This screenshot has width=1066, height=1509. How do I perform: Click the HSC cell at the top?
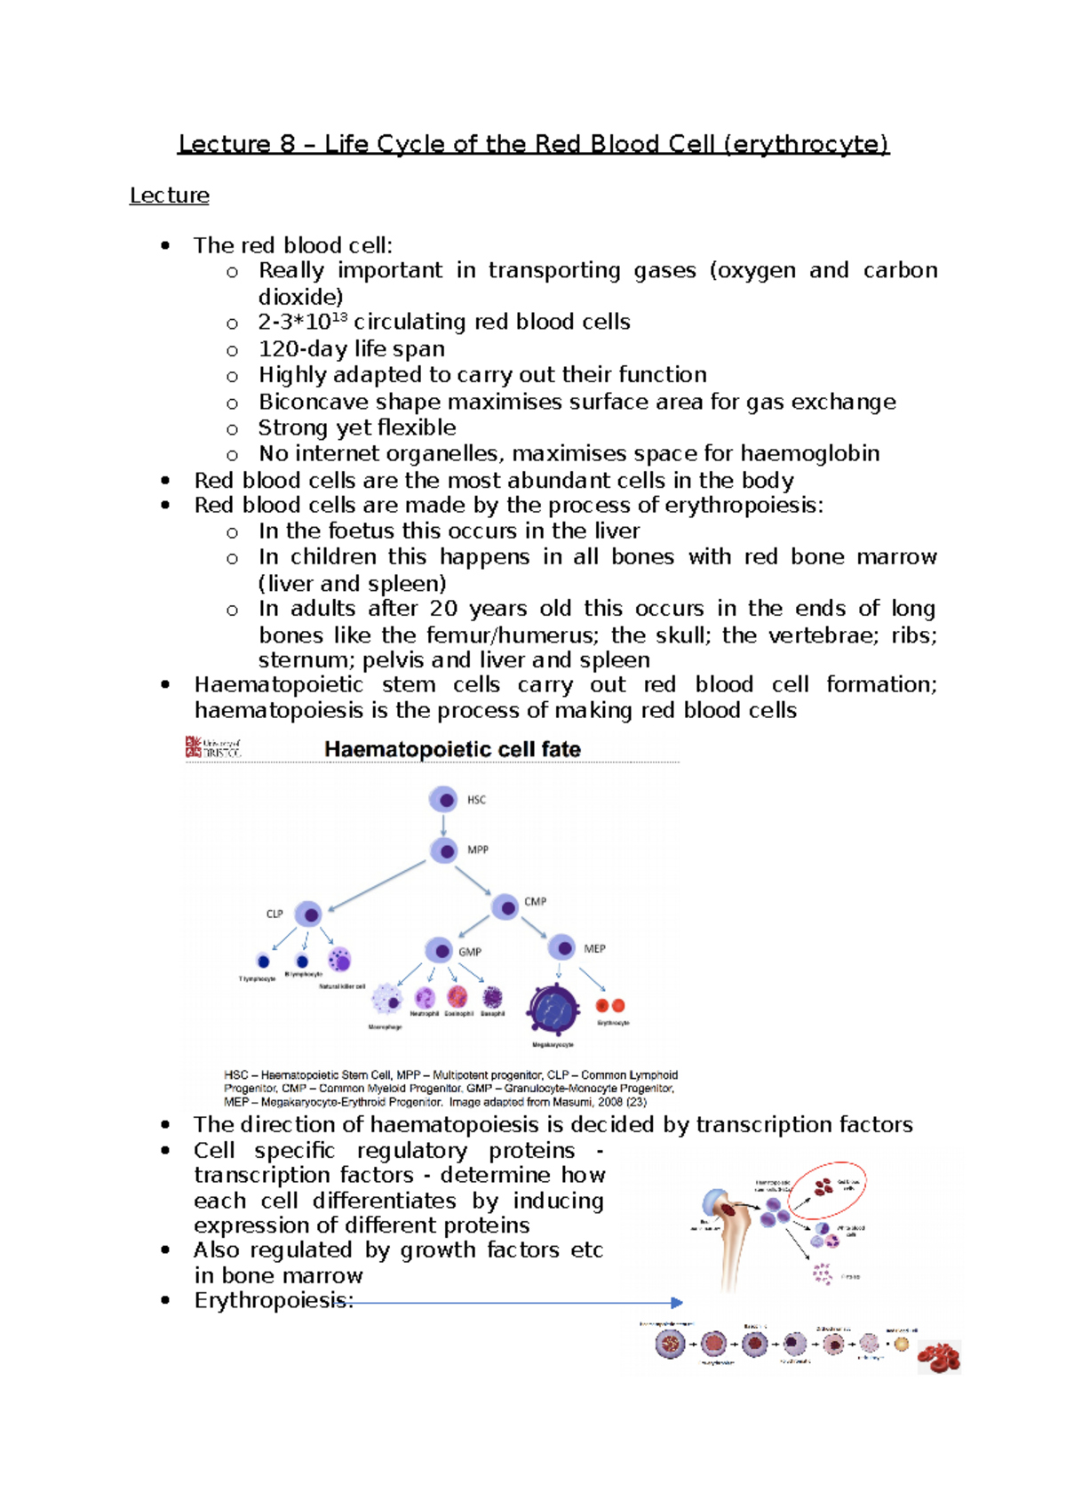pyautogui.click(x=443, y=799)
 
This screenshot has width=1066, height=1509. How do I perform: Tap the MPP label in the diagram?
pyautogui.click(x=478, y=850)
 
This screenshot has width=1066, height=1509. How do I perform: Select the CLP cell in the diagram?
pyautogui.click(x=308, y=914)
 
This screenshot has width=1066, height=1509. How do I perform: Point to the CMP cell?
pyautogui.click(x=505, y=907)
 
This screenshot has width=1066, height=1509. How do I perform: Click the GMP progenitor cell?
pyautogui.click(x=440, y=950)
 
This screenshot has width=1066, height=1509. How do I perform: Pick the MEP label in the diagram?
pyautogui.click(x=594, y=949)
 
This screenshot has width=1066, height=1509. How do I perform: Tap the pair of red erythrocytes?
pyautogui.click(x=610, y=1006)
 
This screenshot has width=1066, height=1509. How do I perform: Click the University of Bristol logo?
pyautogui.click(x=212, y=747)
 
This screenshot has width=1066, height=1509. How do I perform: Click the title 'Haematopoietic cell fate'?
pyautogui.click(x=452, y=749)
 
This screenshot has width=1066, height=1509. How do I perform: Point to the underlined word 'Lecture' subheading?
pyautogui.click(x=169, y=196)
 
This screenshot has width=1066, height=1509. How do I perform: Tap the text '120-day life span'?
pyautogui.click(x=352, y=348)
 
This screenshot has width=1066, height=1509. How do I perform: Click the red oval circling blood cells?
pyautogui.click(x=827, y=1189)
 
